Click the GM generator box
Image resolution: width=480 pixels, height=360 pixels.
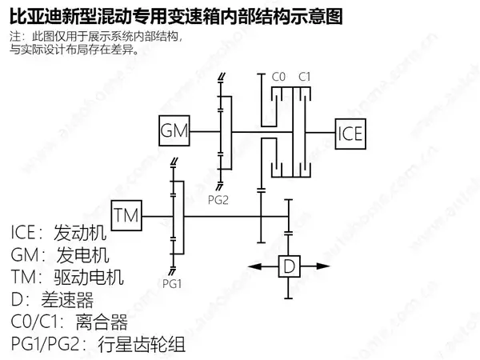[174, 130]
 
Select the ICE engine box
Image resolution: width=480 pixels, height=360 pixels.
[350, 134]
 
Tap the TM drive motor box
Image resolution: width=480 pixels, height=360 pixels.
[126, 215]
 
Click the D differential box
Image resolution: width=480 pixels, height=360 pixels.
[289, 266]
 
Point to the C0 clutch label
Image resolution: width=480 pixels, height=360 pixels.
[278, 77]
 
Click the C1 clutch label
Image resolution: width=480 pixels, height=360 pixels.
[304, 77]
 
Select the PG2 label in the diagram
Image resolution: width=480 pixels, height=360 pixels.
[218, 200]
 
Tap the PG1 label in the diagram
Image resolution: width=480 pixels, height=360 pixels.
[172, 284]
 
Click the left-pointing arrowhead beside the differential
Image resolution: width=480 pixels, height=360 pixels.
[255, 266]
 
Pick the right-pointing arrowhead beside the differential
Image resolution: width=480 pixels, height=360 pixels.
[322, 266]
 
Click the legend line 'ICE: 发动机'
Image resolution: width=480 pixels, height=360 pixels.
[58, 233]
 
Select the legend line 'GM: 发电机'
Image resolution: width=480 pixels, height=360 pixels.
[60, 255]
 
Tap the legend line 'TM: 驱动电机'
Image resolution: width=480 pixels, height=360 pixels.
[67, 278]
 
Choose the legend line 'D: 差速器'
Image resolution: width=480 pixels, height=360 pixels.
[52, 300]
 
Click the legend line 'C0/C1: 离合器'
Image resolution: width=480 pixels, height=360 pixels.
[69, 322]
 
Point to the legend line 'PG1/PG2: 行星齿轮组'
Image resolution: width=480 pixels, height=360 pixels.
[98, 344]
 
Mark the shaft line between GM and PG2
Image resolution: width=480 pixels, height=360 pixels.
[205, 132]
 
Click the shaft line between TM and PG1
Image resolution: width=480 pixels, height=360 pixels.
[157, 217]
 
